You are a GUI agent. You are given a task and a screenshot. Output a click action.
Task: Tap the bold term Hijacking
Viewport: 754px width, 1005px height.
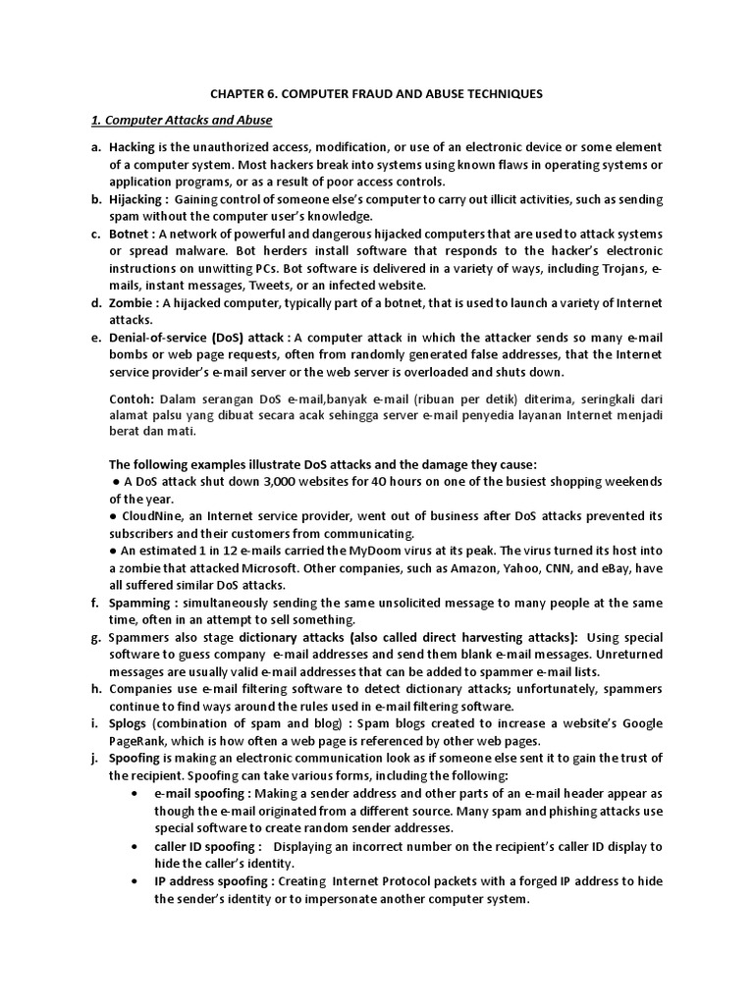tap(138, 199)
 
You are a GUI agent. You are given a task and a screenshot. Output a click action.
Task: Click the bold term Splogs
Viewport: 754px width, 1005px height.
tap(128, 723)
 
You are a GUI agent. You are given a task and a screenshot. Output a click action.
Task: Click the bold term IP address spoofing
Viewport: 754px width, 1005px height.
tap(210, 881)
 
